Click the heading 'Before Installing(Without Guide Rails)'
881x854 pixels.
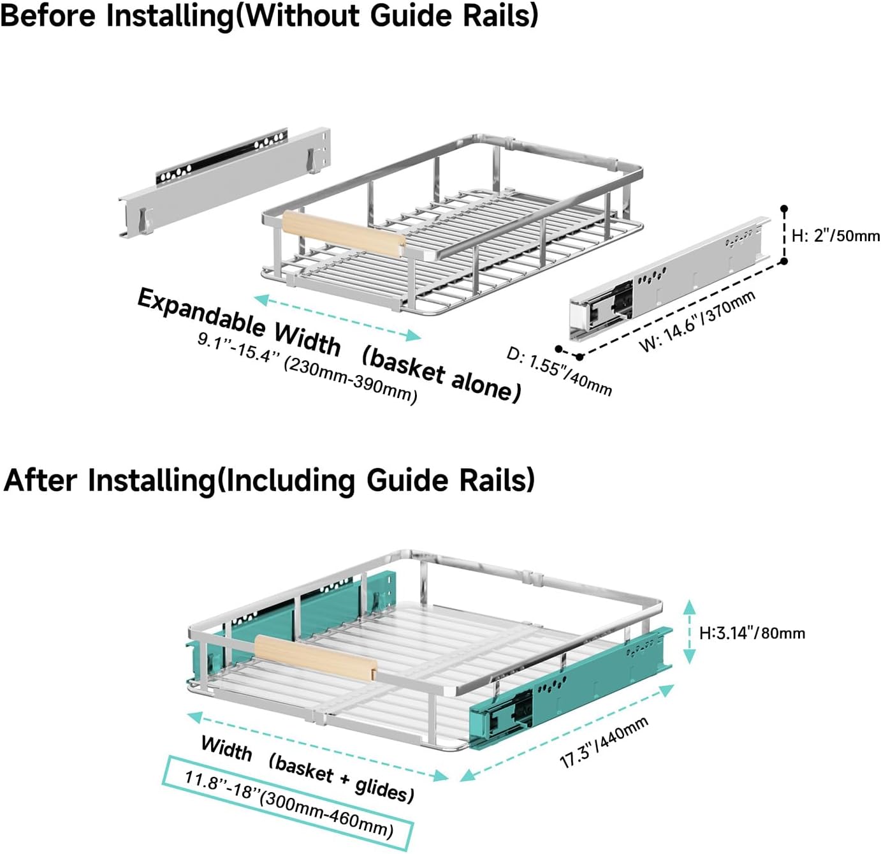(x=269, y=15)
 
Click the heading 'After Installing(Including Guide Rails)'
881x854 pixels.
(x=269, y=480)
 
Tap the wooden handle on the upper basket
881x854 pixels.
(x=344, y=234)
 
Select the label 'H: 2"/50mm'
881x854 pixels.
(x=835, y=235)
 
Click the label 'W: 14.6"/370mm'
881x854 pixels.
(x=697, y=321)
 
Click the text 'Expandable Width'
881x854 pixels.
(x=239, y=321)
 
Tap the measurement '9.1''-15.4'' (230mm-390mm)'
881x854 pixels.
(x=307, y=368)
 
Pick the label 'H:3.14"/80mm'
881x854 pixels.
(x=752, y=633)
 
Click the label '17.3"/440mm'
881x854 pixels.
(x=604, y=742)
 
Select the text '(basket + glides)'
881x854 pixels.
(x=341, y=777)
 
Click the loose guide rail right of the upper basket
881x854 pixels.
(x=669, y=278)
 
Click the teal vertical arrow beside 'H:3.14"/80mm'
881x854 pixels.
(x=689, y=632)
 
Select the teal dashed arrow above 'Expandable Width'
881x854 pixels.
(x=337, y=317)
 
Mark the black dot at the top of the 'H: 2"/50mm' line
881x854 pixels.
(x=784, y=209)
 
